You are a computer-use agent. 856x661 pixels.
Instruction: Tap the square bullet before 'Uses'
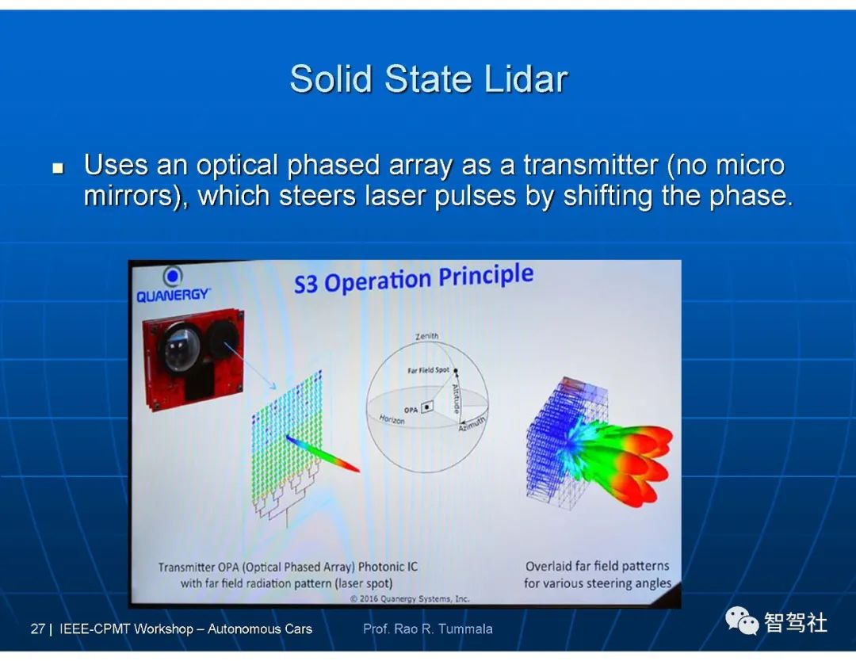point(58,167)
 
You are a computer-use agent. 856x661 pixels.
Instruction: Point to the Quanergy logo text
point(173,296)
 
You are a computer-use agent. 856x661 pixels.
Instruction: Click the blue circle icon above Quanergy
point(173,277)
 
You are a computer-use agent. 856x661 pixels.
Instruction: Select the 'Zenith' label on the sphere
point(426,336)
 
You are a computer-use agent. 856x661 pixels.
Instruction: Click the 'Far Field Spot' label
point(429,370)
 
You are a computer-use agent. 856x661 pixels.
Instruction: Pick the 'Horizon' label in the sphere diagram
point(392,419)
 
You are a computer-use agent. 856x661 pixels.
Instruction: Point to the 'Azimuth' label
point(472,423)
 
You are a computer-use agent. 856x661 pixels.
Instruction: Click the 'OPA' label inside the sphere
point(411,410)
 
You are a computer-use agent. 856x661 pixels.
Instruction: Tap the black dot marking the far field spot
point(456,371)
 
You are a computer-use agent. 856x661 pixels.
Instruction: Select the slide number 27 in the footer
point(38,629)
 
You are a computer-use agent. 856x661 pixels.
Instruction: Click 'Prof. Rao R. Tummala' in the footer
point(428,629)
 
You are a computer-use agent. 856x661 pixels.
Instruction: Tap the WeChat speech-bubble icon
point(742,621)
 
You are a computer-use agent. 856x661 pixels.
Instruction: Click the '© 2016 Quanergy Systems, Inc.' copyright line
point(410,598)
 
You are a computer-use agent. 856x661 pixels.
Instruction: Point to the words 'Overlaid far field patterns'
point(598,566)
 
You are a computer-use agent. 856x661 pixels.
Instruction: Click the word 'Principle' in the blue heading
point(485,276)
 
